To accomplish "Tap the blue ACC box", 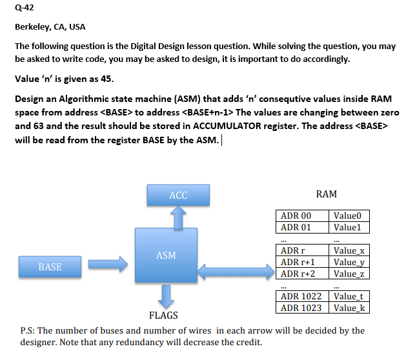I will coord(178,195).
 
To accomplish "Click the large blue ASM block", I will coord(166,255).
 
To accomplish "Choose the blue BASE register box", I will coord(50,266).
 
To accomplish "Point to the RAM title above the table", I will coord(326,194).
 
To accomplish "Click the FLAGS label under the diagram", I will coord(164,316).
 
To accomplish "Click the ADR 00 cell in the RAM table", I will coord(298,216).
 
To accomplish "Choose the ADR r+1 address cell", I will coord(300,262).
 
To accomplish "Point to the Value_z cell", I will coord(350,274).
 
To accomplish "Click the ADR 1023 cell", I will coord(301,307).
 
